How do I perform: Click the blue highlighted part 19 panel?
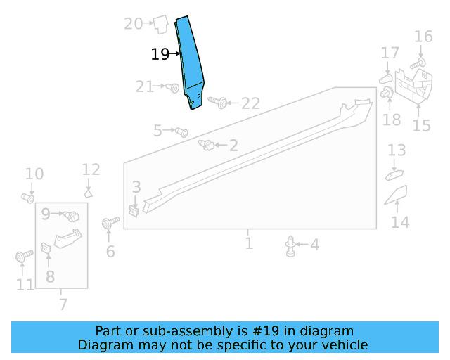[190, 63]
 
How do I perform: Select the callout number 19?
[160, 54]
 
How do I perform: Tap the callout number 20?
[133, 24]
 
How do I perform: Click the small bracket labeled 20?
[160, 25]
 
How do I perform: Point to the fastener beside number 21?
[173, 88]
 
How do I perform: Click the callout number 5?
[158, 130]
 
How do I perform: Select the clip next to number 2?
[207, 145]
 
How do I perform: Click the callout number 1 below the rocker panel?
[249, 243]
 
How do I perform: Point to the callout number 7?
[63, 304]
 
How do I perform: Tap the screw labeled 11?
[21, 258]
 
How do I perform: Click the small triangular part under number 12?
[89, 191]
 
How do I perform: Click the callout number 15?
[421, 125]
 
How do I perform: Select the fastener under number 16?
[415, 64]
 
